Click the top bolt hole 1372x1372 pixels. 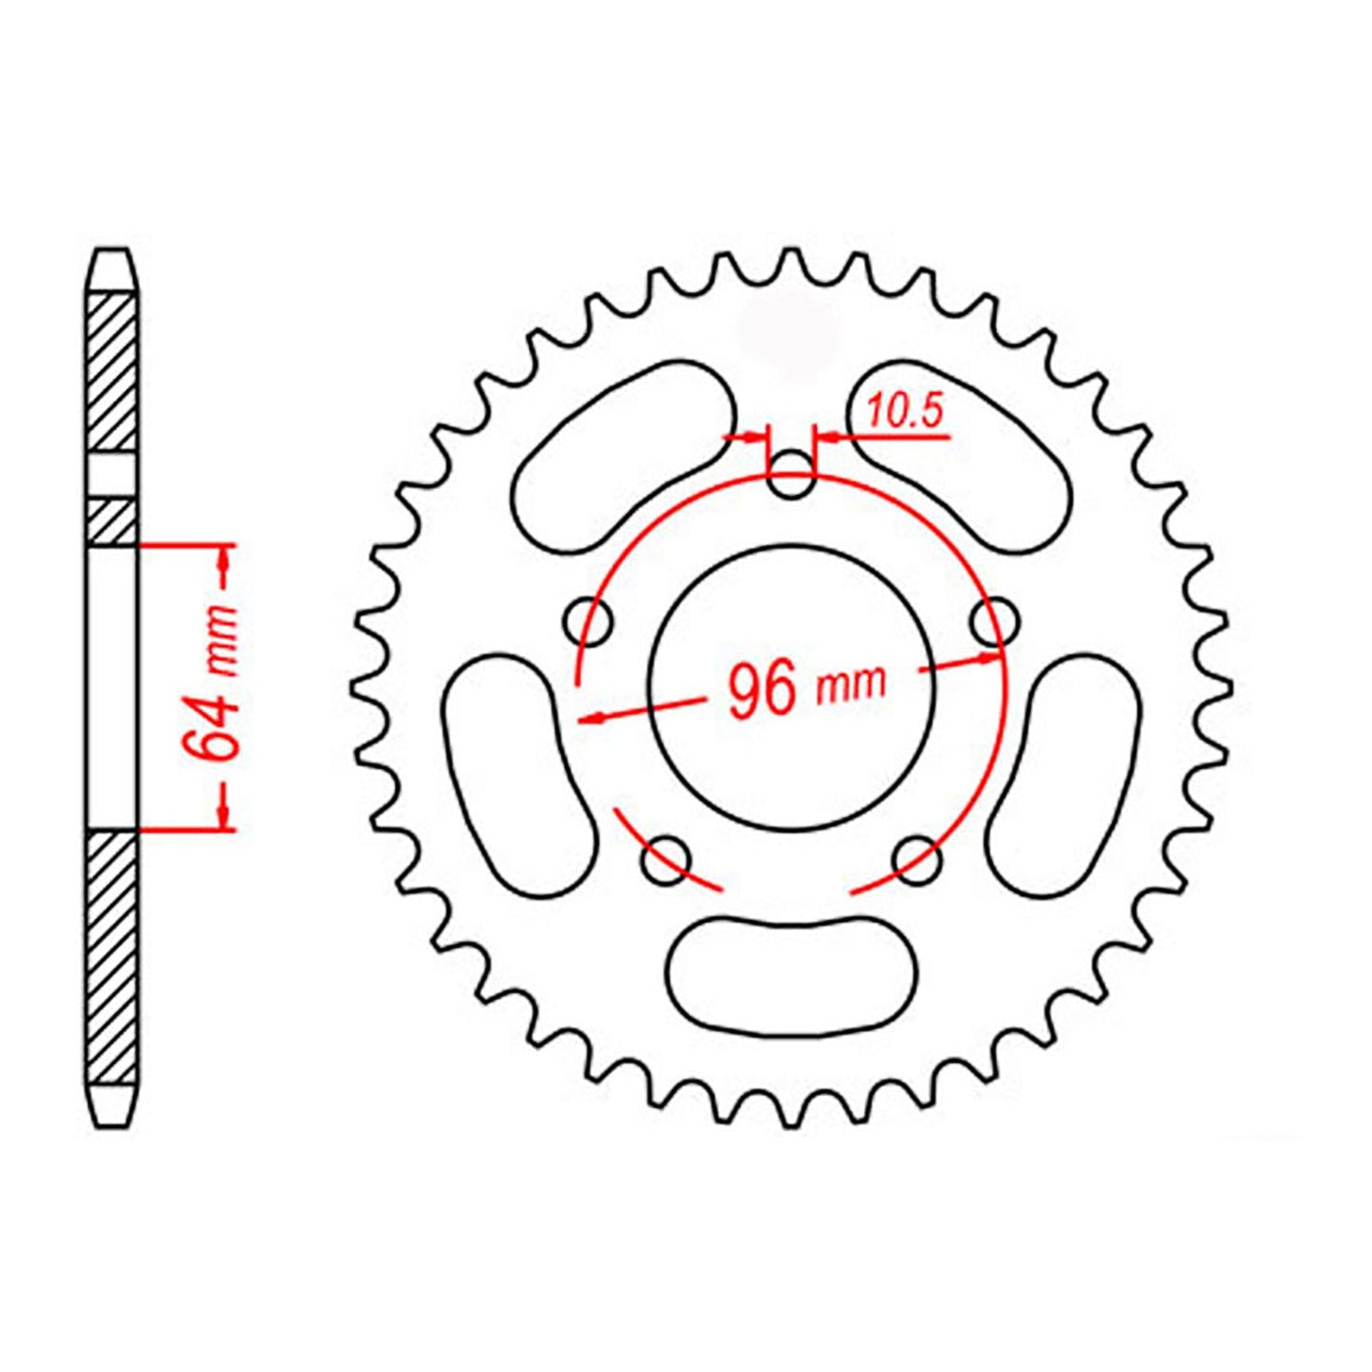coord(791,477)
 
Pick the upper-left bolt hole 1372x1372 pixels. coord(587,623)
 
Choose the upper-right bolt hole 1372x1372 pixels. coord(994,623)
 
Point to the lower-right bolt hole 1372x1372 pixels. coord(918,860)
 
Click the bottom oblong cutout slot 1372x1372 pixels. coord(792,974)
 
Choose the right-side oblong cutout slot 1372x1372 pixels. coord(1063,774)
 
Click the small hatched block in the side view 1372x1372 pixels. coord(112,520)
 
